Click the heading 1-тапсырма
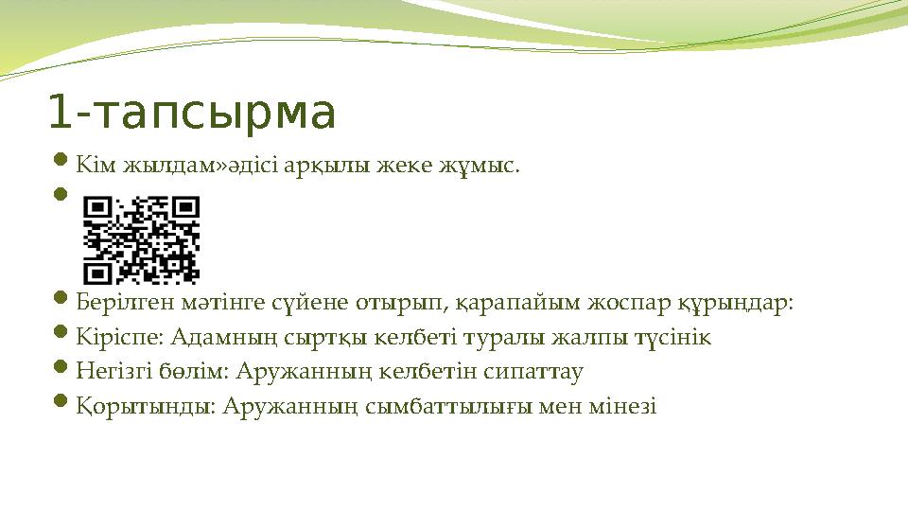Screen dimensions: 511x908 pos(192,114)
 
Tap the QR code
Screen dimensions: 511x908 pos(141,240)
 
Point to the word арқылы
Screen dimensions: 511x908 pos(331,167)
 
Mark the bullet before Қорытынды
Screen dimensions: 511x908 pos(60,405)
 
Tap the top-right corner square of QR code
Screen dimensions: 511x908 pos(185,210)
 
